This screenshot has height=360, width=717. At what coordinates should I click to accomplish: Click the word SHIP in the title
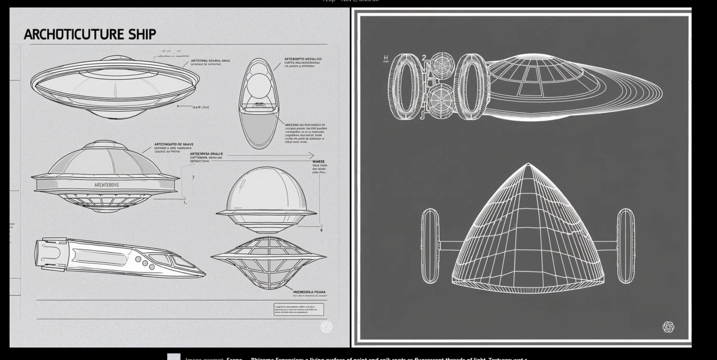pos(142,34)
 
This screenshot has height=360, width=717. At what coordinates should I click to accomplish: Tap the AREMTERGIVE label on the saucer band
pos(107,185)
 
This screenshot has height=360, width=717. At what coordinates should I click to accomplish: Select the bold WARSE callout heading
pos(318,161)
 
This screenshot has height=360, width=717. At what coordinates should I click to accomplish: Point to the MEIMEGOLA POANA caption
pos(309,292)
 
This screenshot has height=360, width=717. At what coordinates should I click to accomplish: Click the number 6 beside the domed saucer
pos(321,230)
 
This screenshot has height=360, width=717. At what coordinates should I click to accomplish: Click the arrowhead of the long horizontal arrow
pos(312,156)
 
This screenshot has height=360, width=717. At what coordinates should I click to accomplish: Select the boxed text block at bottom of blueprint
pos(298,309)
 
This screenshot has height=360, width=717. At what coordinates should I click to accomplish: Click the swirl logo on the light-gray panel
pos(327,327)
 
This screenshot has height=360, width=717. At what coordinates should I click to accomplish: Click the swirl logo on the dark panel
pos(668,327)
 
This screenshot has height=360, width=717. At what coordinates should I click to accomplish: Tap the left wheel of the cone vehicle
pos(430,246)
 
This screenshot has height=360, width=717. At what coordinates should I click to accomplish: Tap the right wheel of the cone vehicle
pos(625,246)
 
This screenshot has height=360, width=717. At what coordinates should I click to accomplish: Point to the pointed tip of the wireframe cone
pos(528,165)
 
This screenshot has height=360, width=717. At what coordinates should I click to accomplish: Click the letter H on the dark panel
pos(386,58)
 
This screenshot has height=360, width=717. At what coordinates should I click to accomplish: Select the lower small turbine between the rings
pos(441,100)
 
